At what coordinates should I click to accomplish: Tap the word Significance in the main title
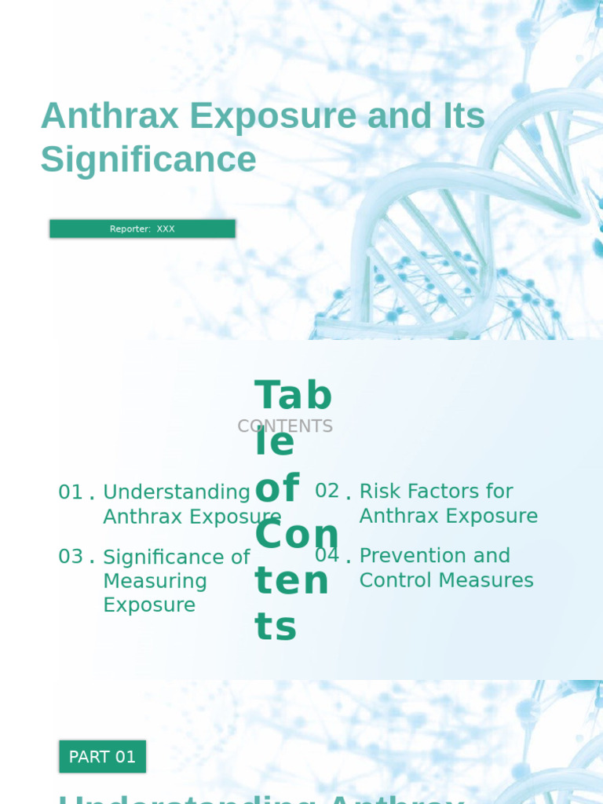click(x=148, y=159)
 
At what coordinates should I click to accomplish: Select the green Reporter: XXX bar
click(x=142, y=228)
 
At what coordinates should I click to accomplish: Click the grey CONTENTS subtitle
click(x=285, y=426)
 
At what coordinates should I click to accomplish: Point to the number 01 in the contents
click(x=71, y=492)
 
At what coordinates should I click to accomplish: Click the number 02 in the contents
click(x=327, y=491)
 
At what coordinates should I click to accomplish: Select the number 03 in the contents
click(x=71, y=557)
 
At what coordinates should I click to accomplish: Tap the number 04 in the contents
click(x=327, y=555)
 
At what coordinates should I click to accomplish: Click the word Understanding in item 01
click(x=177, y=492)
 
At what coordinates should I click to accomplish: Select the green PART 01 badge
click(x=102, y=757)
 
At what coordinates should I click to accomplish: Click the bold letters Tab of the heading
click(x=294, y=396)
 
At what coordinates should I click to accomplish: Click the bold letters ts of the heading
click(x=276, y=627)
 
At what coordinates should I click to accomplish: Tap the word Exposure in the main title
click(x=273, y=116)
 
